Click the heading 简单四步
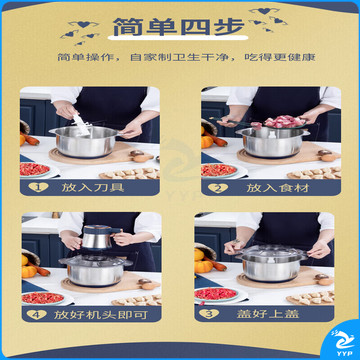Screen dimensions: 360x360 (x=178, y=27)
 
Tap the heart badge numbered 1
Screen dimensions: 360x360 (x=38, y=187)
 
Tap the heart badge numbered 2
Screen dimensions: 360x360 (x=218, y=188)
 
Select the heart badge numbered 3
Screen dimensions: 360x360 (x=209, y=314)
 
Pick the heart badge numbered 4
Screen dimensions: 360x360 (x=37, y=314)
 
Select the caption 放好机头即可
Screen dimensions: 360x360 (x=100, y=315)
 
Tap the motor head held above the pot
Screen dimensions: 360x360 (x=99, y=237)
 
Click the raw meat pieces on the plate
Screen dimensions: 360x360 (x=279, y=122)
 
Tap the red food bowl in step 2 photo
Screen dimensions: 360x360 (x=219, y=171)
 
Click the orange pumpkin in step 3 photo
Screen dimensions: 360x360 (x=204, y=266)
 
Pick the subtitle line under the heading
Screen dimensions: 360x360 (x=186, y=57)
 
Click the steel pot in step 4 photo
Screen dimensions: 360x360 (x=96, y=271)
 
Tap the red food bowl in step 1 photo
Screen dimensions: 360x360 (x=35, y=170)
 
